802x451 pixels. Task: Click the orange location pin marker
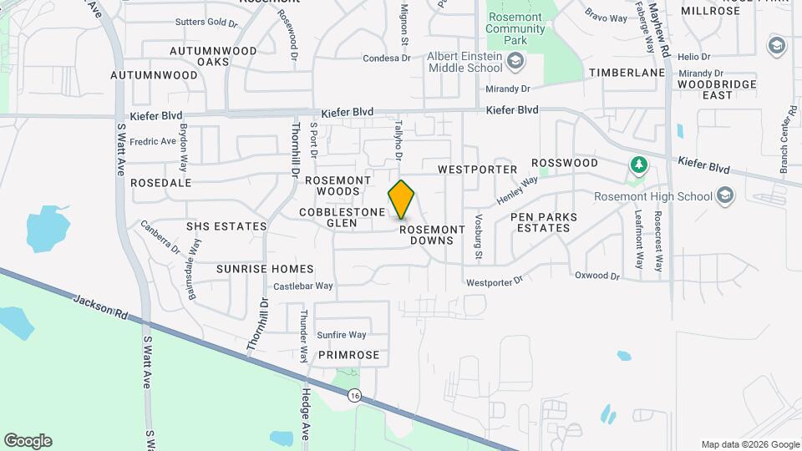point(402,200)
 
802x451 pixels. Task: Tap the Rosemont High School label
point(653,197)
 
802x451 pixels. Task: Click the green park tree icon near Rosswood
point(638,165)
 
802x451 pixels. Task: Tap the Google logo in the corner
point(28,441)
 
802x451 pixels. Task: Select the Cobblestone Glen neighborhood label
point(342,218)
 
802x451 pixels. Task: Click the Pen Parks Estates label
point(544,222)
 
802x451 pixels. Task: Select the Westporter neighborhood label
point(478,169)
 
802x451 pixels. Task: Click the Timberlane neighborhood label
point(627,73)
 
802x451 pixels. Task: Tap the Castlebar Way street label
point(303,286)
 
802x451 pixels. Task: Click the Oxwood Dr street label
point(597,276)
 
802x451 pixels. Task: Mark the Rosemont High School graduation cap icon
point(724,195)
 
